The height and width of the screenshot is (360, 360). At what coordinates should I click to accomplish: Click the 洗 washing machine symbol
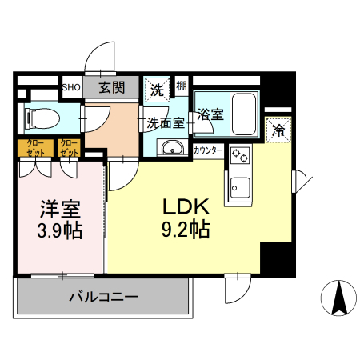(x=156, y=89)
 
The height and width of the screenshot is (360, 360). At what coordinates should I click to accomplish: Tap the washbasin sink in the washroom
(x=170, y=148)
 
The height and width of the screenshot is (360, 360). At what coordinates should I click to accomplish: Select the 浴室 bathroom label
(x=210, y=114)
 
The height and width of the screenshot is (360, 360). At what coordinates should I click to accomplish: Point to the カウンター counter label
(x=208, y=149)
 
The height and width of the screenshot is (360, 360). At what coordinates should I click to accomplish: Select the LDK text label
(x=186, y=206)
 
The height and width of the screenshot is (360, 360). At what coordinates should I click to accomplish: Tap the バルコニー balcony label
(x=103, y=296)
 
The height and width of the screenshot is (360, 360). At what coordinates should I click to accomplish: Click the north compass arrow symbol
(x=338, y=298)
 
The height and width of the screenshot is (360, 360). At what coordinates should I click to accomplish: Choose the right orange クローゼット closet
(x=70, y=148)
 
